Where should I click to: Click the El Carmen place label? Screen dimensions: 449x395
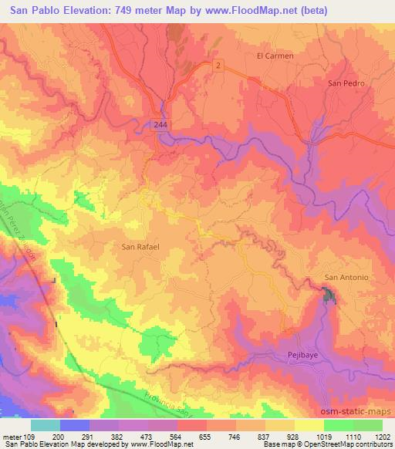275,56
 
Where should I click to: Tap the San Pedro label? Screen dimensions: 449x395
344,83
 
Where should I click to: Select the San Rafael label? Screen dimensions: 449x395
140,248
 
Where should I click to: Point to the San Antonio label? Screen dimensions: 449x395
346,278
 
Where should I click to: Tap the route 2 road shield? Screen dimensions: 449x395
219,66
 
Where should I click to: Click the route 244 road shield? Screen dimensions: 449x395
159,123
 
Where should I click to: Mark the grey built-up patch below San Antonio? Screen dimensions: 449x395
329,295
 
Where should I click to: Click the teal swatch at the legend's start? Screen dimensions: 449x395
46,424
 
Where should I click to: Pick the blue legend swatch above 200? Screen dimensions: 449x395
75,424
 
